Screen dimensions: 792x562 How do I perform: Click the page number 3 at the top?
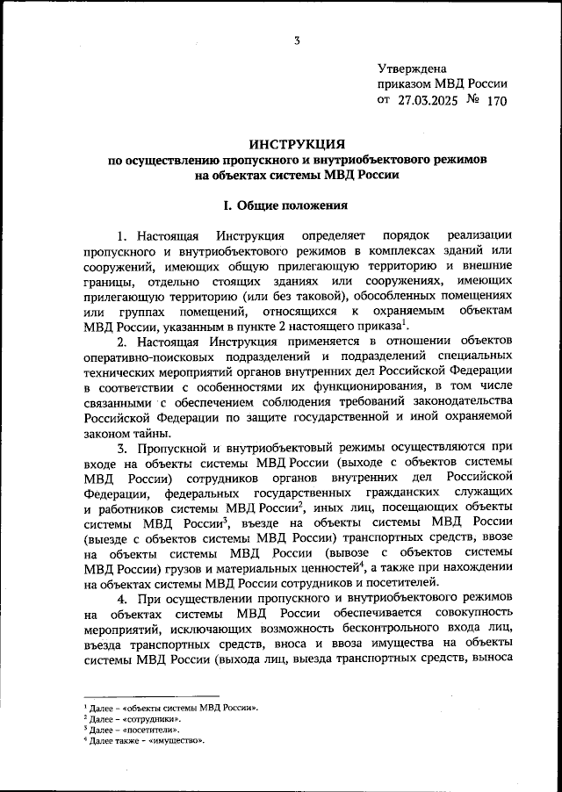point(298,40)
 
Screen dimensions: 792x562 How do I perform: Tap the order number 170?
point(496,101)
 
